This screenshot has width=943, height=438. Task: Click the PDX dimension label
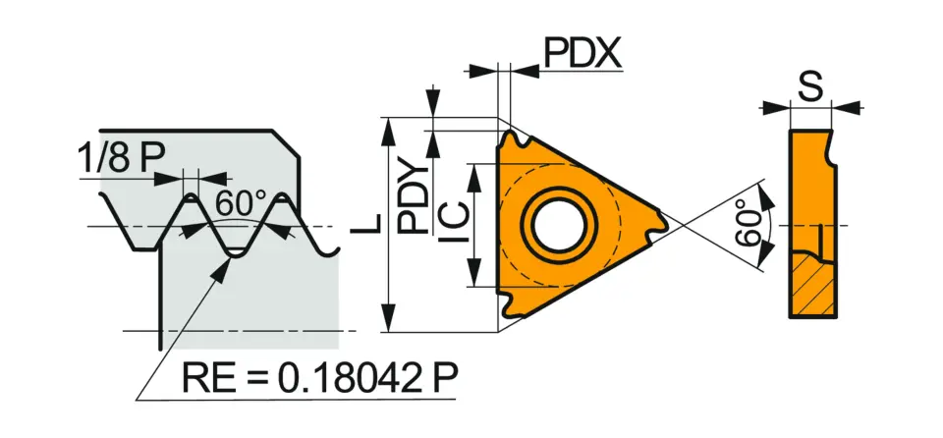[583, 55]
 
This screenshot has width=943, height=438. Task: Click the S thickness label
[809, 88]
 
